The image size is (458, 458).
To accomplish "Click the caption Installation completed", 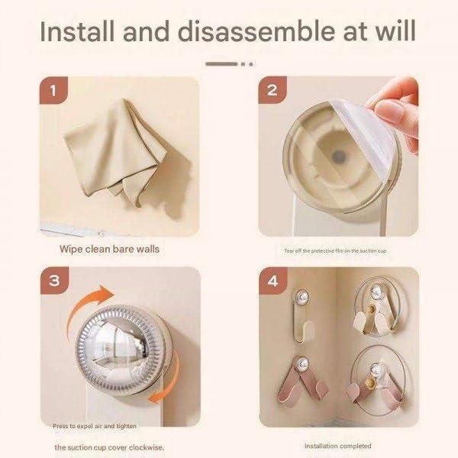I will [x=338, y=445].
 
